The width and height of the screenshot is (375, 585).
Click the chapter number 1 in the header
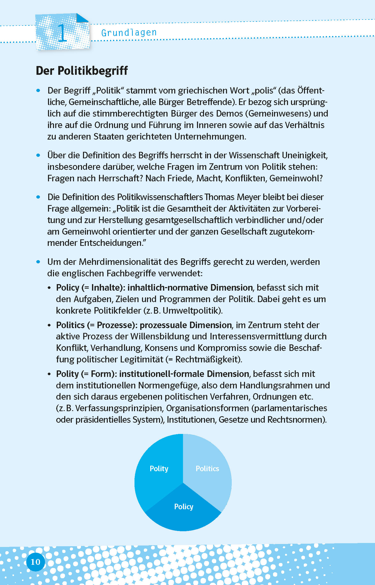tap(62, 33)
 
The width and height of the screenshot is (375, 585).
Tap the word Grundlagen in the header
tap(129, 33)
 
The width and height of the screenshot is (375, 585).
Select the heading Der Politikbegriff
tap(82, 71)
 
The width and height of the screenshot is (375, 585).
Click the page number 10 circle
tap(35, 562)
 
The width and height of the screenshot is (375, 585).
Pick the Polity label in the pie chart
tap(159, 468)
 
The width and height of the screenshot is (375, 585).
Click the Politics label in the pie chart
tap(207, 468)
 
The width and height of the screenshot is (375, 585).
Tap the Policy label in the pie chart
tap(183, 506)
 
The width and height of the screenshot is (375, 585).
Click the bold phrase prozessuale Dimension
tap(185, 325)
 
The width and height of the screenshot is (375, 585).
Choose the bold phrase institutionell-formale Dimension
tap(184, 374)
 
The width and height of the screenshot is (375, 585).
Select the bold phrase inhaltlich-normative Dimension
tap(190, 288)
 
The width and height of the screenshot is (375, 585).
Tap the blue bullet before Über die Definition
tap(38, 155)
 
